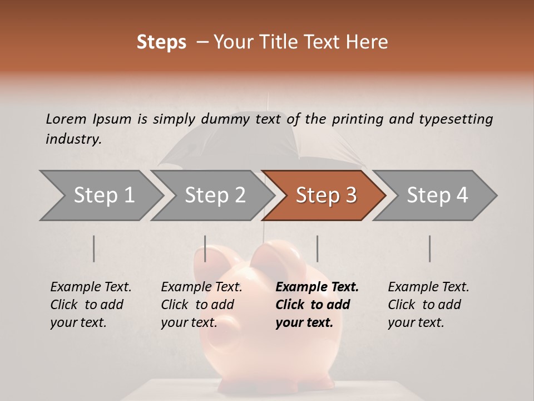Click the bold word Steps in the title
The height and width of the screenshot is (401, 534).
161,42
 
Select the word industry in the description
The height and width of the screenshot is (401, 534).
73,139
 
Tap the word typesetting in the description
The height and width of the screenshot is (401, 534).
456,119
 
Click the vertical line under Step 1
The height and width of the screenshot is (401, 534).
94,248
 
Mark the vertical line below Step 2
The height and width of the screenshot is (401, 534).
205,248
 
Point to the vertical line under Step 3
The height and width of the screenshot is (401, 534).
317,248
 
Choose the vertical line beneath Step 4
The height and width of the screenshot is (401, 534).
429,248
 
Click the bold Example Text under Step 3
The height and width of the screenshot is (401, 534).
317,287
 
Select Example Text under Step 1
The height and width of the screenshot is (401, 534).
91,287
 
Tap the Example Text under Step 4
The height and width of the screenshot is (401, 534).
428,287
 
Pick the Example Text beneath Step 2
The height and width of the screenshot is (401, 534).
201,287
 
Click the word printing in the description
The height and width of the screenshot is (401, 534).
357,119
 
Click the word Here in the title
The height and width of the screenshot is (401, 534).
368,42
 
